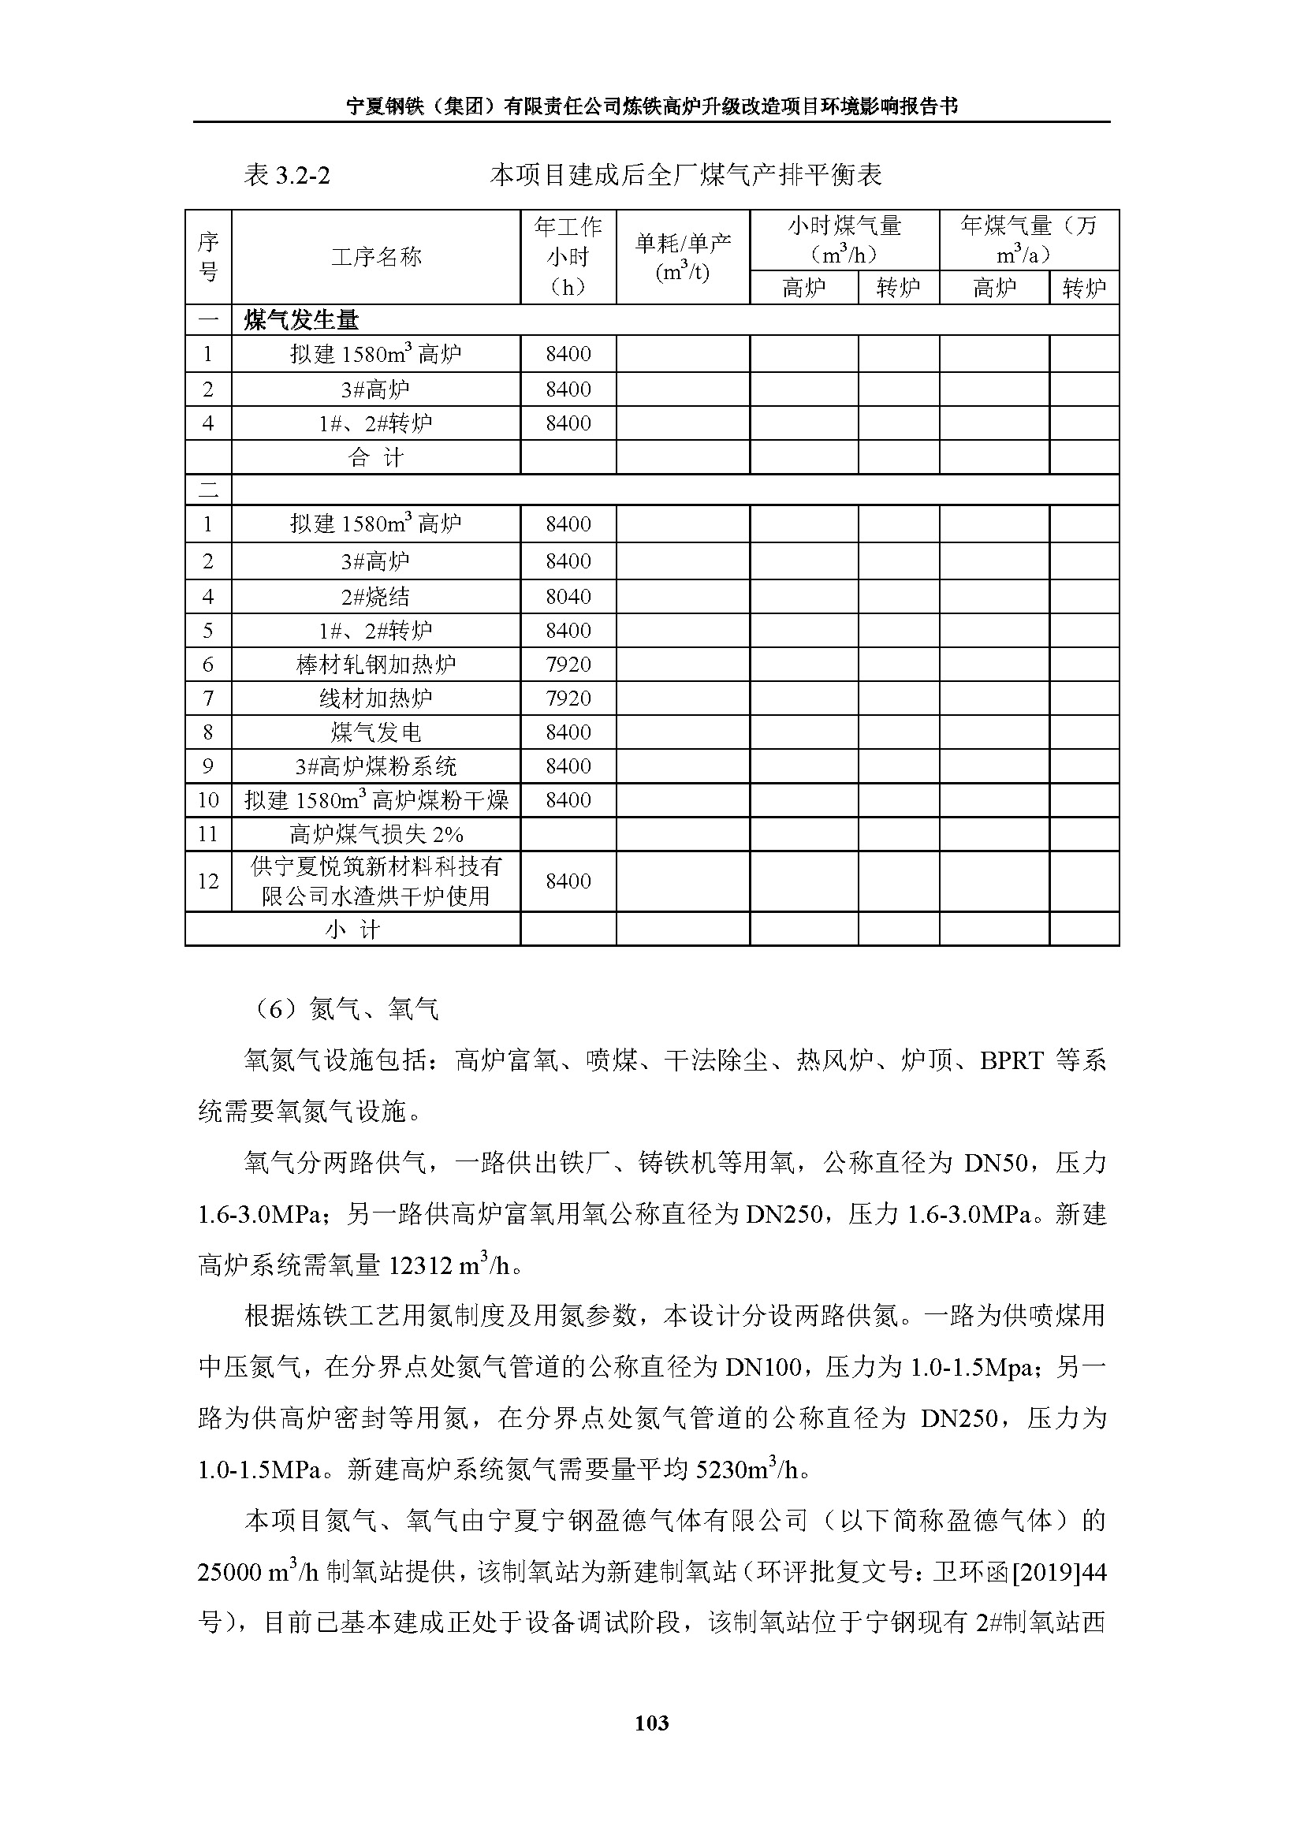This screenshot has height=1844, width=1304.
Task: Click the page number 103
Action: (651, 1723)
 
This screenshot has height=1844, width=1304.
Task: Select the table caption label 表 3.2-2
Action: (287, 175)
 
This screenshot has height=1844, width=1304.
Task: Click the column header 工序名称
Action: (376, 257)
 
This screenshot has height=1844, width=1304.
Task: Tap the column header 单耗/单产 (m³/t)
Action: (683, 257)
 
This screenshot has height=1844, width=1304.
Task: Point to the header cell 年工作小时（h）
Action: (568, 257)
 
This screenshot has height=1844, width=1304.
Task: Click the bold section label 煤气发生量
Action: (301, 320)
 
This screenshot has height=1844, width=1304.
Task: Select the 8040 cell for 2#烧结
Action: (568, 597)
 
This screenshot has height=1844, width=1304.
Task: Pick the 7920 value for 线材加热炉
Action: (568, 698)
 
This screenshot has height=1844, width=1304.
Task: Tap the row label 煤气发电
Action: (376, 732)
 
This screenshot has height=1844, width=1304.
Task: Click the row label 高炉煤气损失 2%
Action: (376, 834)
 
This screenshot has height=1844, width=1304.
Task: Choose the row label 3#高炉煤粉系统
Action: (376, 766)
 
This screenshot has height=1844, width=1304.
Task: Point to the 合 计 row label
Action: (376, 458)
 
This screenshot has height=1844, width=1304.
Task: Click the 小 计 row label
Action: (352, 930)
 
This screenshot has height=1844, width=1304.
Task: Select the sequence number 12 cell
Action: (208, 881)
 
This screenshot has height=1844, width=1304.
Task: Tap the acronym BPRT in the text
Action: (1011, 1061)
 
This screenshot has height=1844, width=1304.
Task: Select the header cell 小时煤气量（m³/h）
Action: (844, 240)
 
